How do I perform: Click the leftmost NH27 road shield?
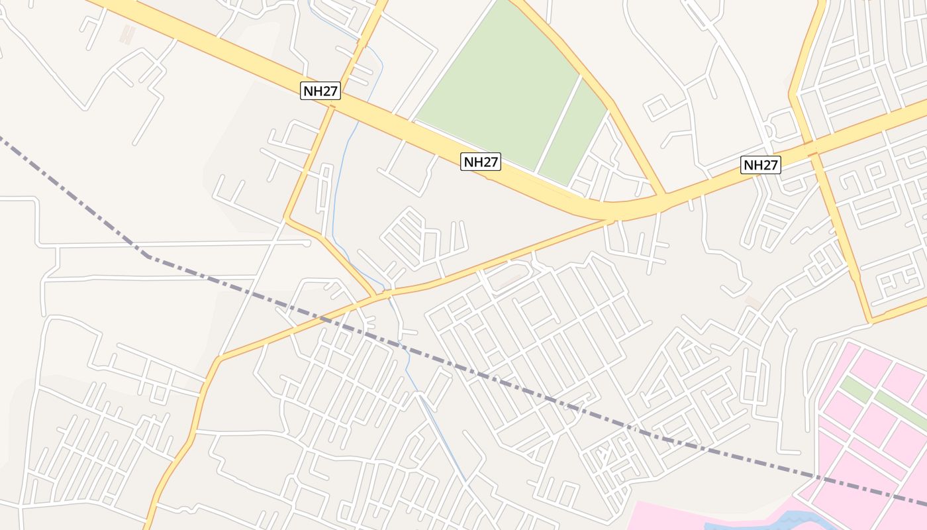[320, 91]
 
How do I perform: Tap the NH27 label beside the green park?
[481, 161]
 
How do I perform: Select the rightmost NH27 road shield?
[761, 165]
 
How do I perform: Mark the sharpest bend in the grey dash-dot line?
[147, 255]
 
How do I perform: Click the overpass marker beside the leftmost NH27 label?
[332, 106]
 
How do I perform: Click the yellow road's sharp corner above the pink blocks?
[870, 321]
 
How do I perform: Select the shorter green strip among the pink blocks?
[855, 390]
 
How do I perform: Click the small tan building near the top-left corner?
[127, 34]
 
